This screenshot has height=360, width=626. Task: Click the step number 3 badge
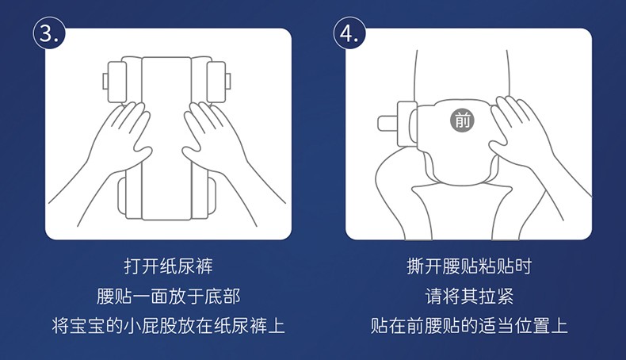tap(48, 33)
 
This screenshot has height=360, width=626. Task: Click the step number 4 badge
tap(349, 33)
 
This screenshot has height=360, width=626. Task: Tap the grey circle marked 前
tap(462, 120)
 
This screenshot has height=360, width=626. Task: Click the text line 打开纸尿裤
tap(168, 266)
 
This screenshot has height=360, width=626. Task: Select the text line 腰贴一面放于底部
tap(168, 296)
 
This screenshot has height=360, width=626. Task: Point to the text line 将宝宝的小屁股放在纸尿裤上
tap(168, 326)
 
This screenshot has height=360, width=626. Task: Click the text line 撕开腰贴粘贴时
tap(469, 266)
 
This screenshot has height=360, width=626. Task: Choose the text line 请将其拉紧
tap(469, 296)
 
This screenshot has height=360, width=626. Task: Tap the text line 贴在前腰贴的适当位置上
tap(469, 326)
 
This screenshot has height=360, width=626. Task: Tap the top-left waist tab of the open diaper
tap(116, 82)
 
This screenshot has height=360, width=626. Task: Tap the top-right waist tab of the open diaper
tap(218, 82)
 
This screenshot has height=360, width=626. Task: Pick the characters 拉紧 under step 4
tap(496, 296)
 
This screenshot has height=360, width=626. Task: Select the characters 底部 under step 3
tap(223, 296)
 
